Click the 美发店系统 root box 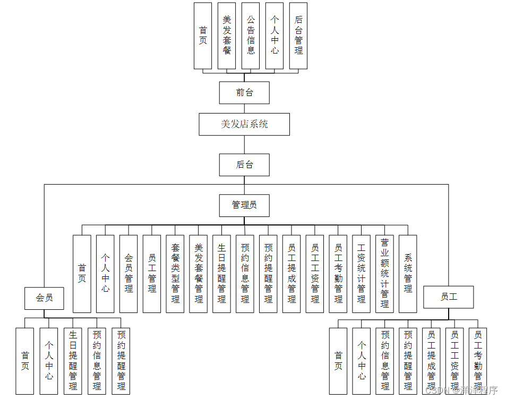244,124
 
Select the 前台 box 244,93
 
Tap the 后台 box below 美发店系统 244,165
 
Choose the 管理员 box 244,205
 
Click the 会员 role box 45,298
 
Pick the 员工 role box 449,297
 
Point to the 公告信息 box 251,36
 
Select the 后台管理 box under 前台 298,36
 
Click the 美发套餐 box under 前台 227,36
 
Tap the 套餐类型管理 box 175,274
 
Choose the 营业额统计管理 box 384,274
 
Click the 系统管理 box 408,274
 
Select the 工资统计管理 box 361,274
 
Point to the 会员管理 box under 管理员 128,274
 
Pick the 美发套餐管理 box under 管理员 199,274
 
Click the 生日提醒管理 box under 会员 73,361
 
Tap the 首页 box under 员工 338,361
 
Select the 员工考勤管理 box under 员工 478,361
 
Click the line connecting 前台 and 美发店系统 244,109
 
